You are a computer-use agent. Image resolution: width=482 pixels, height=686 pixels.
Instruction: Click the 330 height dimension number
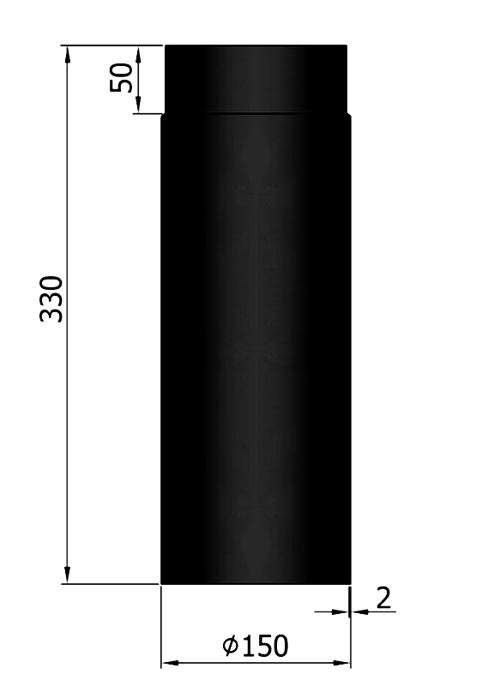click(52, 298)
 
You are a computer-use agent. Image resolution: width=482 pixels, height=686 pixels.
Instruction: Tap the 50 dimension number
click(122, 78)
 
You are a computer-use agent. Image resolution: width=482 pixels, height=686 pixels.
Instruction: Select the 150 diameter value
click(264, 645)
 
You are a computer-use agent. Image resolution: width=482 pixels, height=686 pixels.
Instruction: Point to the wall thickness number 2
click(383, 598)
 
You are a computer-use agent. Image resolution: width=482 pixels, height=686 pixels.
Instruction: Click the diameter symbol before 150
click(229, 646)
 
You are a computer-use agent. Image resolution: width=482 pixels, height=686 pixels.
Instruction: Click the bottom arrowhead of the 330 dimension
click(67, 575)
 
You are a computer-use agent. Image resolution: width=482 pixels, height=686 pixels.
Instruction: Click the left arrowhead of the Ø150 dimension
click(171, 663)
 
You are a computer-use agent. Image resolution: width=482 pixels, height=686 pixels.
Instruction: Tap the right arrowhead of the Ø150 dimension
click(342, 663)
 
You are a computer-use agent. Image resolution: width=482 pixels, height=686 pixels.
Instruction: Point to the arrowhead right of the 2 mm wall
click(359, 611)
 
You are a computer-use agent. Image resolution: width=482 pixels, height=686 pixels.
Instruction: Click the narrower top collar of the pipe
click(256, 79)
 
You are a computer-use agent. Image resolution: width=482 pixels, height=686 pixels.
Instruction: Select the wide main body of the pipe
click(256, 343)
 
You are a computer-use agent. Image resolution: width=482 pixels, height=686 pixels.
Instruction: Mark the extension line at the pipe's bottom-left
click(111, 585)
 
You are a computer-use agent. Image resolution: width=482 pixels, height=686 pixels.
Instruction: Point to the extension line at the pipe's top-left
click(111, 45)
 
